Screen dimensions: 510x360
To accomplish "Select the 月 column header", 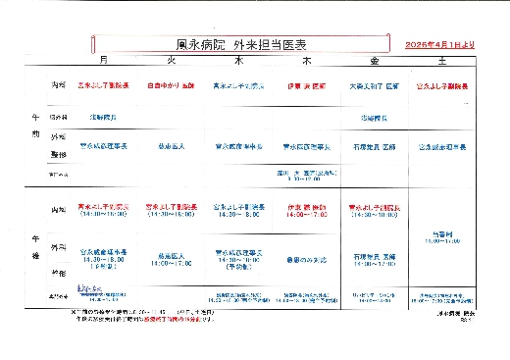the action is coord(104,61).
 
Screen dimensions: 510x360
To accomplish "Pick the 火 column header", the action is coord(171,61).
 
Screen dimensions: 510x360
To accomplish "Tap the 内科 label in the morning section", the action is coord(59,86).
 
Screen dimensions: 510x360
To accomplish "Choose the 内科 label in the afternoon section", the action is coord(59,210).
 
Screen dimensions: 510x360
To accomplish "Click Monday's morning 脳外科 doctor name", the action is coord(104,117).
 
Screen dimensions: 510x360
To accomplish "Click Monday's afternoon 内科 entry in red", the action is coord(104,210).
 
